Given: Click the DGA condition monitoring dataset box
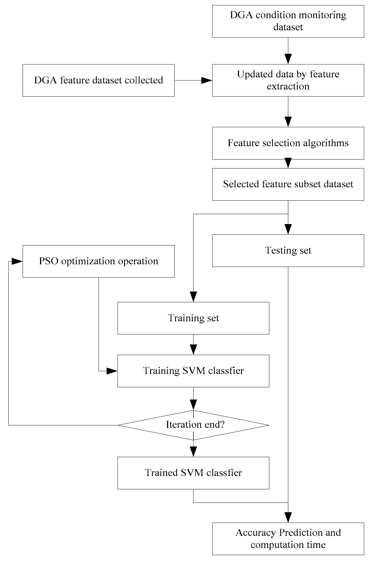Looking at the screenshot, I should click(x=288, y=21).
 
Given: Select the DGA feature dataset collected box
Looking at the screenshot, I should click(x=99, y=80).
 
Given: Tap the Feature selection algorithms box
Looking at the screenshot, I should click(x=288, y=143).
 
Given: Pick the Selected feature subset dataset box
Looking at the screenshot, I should click(x=288, y=184).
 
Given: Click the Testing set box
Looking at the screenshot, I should click(x=288, y=250).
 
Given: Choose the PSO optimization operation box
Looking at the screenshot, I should click(x=99, y=261).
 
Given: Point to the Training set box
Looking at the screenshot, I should click(x=193, y=318).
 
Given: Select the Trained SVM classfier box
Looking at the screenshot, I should click(x=193, y=473).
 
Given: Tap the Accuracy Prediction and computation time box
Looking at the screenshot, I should click(x=288, y=539).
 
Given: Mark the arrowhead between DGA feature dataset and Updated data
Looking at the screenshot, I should click(x=207, y=80).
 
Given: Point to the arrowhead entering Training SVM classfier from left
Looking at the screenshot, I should click(x=112, y=371).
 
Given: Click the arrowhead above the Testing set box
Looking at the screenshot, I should click(x=288, y=229).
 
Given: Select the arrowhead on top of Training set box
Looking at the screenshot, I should click(x=193, y=297).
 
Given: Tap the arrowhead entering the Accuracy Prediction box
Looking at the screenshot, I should click(x=288, y=517).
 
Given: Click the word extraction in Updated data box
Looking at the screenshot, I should click(x=288, y=86).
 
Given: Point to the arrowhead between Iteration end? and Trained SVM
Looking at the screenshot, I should click(x=193, y=452).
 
